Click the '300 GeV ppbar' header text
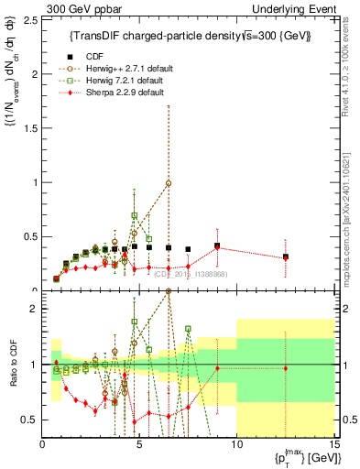[x=73, y=8]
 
